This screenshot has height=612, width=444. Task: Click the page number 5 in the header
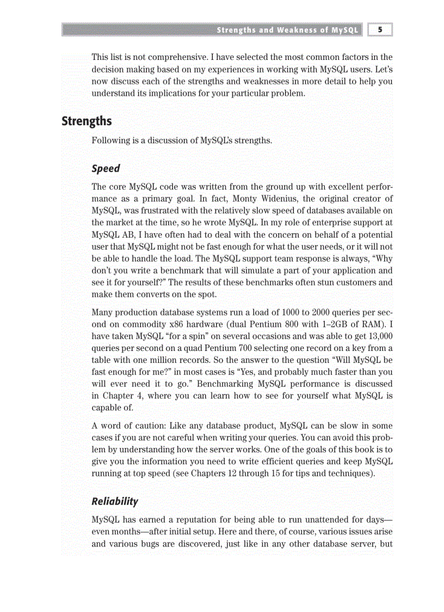(x=380, y=30)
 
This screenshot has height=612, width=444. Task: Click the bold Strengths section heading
(x=87, y=121)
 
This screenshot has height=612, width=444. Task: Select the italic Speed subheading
(x=106, y=168)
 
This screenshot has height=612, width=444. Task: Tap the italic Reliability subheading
(x=115, y=501)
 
